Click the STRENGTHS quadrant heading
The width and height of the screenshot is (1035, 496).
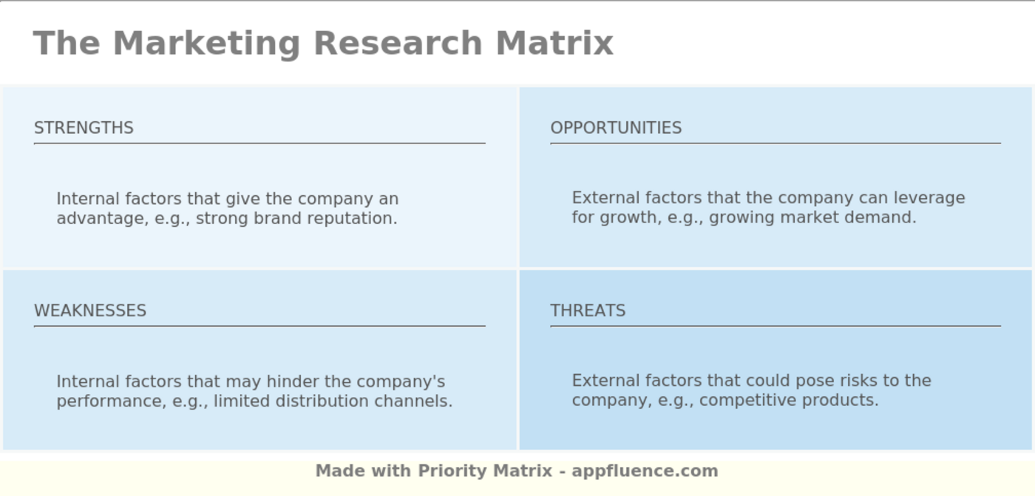point(84,128)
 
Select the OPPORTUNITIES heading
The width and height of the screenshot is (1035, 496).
point(616,128)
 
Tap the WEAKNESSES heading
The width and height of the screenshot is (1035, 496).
point(90,310)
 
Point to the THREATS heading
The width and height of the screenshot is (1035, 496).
point(588,310)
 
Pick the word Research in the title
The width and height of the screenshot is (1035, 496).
point(398,43)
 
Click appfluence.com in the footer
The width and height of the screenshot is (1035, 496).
point(645,471)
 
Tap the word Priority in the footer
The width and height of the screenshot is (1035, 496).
point(452,471)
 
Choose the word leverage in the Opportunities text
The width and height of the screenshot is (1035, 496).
point(929,198)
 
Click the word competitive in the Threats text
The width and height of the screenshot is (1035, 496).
point(743,400)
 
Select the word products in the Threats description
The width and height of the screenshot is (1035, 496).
point(840,400)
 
